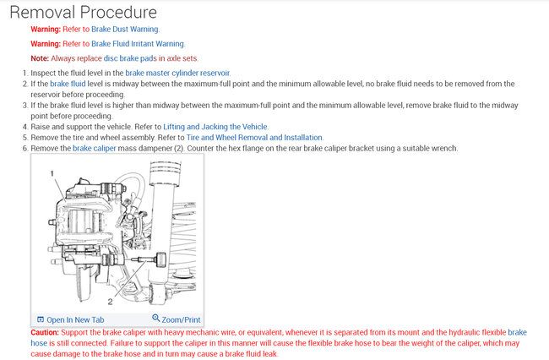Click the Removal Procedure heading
click(x=82, y=12)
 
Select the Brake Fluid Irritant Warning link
click(x=138, y=43)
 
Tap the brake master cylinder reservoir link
click(x=177, y=74)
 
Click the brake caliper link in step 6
click(x=95, y=149)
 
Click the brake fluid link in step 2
click(x=68, y=85)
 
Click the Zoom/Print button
click(x=182, y=320)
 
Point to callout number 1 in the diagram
click(x=52, y=172)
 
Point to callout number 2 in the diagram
click(x=111, y=300)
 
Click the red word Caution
click(x=45, y=333)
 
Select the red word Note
click(x=40, y=58)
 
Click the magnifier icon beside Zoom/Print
click(x=156, y=319)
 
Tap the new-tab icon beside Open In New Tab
click(x=40, y=320)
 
